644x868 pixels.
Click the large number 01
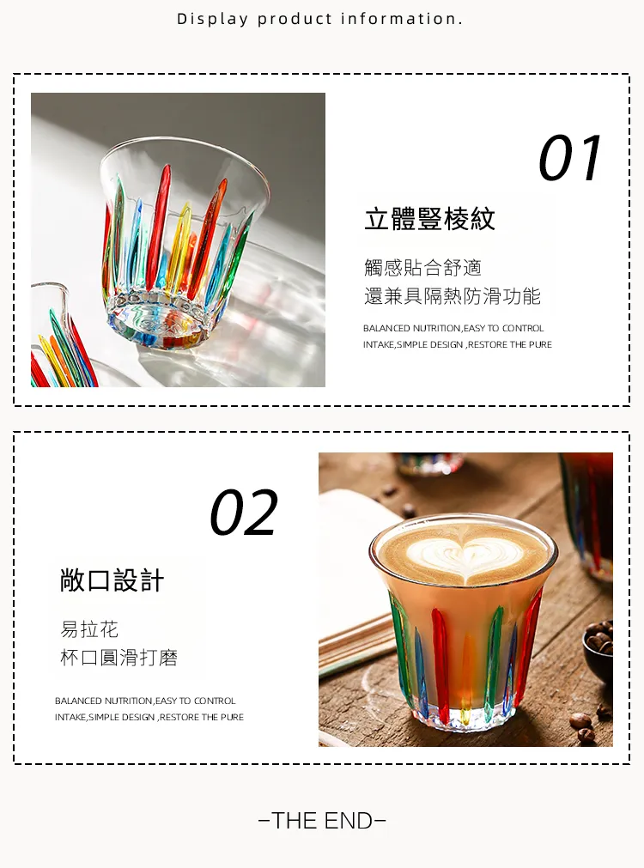click(570, 158)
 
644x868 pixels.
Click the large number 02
click(244, 512)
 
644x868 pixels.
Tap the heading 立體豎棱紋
click(429, 219)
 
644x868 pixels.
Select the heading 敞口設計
click(112, 580)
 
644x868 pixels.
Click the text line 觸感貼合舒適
click(423, 267)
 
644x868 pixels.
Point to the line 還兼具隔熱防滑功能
click(453, 296)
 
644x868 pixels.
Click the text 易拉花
click(89, 629)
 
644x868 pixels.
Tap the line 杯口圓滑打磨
click(119, 658)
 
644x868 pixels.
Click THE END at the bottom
click(322, 821)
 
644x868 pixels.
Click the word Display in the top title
click(213, 20)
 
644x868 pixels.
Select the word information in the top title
click(401, 19)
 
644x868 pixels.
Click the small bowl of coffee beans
click(598, 651)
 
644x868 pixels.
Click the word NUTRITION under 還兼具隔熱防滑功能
click(436, 328)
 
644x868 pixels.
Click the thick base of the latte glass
click(462, 715)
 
